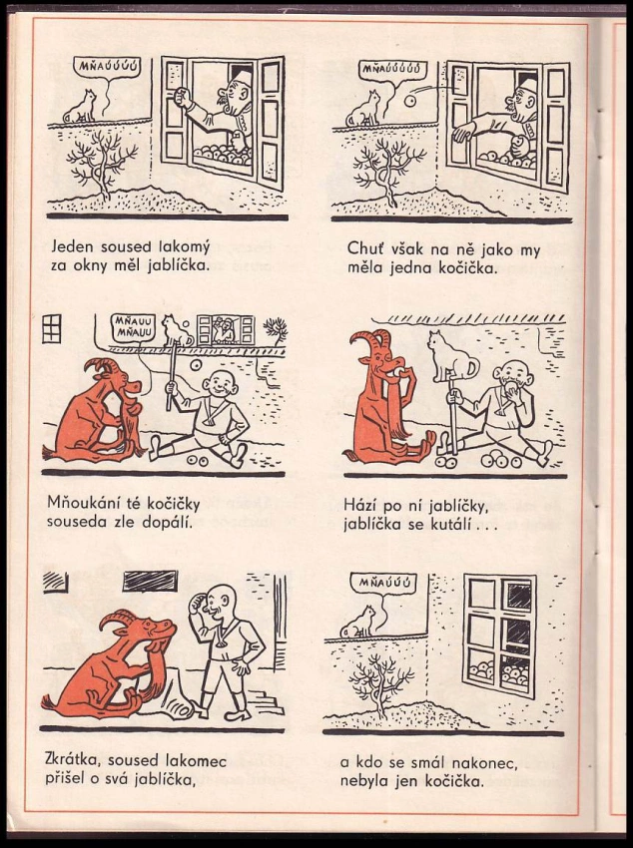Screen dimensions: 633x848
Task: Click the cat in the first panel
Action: pos(80,107)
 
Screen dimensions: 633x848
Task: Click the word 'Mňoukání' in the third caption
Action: pos(79,503)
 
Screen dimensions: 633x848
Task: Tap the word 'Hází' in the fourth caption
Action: pos(359,506)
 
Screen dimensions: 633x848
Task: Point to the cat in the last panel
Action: pos(358,622)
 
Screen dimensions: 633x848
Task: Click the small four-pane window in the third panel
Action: pos(52,328)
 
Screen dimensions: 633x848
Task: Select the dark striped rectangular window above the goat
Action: pos(150,581)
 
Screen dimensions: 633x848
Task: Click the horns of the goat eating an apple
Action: pos(371,340)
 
